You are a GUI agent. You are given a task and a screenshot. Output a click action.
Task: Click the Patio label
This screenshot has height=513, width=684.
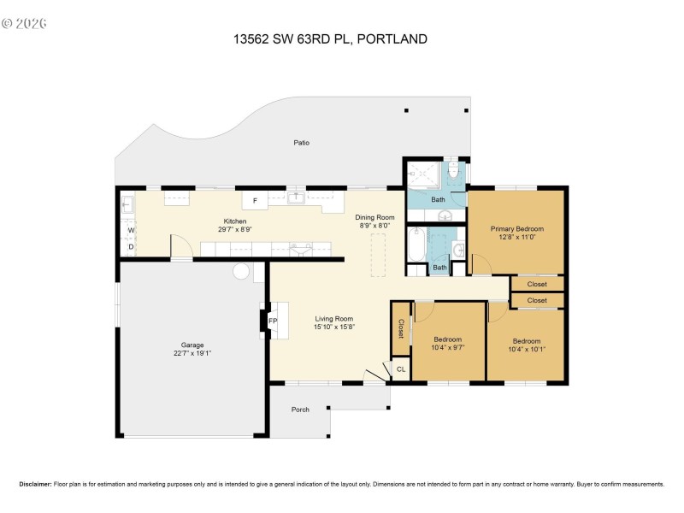click(x=301, y=142)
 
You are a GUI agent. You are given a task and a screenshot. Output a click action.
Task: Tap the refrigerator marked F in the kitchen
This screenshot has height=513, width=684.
click(x=255, y=201)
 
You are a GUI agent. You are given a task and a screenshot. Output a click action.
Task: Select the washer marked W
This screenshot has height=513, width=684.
click(x=131, y=230)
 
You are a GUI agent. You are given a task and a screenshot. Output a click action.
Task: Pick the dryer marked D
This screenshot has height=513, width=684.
click(x=131, y=247)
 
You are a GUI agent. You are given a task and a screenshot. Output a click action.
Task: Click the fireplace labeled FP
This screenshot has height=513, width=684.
click(x=273, y=321)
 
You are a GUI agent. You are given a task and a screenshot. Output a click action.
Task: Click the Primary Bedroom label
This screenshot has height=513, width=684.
click(x=516, y=228)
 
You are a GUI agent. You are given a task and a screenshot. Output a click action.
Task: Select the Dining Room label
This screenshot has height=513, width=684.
click(x=374, y=218)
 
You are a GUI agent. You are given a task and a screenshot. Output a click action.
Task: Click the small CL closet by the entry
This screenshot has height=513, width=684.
click(x=401, y=369)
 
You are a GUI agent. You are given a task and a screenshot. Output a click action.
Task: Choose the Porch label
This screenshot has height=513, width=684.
click(x=300, y=410)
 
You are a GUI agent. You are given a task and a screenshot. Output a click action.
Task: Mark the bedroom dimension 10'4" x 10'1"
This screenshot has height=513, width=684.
click(x=527, y=348)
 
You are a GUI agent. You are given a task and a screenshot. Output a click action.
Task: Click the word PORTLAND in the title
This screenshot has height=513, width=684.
click(x=392, y=38)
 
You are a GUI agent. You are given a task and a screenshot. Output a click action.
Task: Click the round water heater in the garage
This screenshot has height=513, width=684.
click(x=242, y=271)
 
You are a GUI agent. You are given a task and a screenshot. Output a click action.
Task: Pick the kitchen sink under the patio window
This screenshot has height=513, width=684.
click(x=297, y=198)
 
